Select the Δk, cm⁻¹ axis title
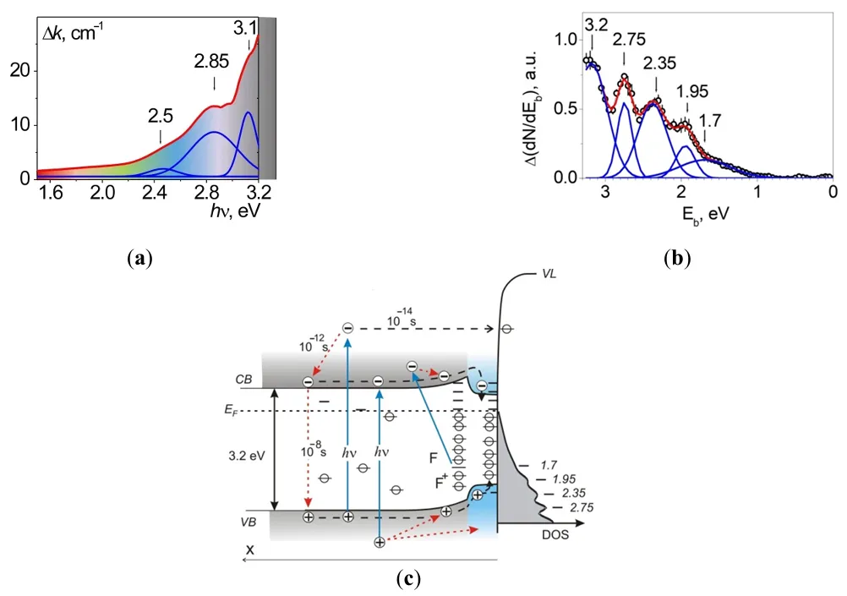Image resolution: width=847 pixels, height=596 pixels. pos(72,35)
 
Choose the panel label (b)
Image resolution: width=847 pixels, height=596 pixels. pos(679,257)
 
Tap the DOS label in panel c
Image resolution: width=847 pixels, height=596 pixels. pos(555,536)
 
